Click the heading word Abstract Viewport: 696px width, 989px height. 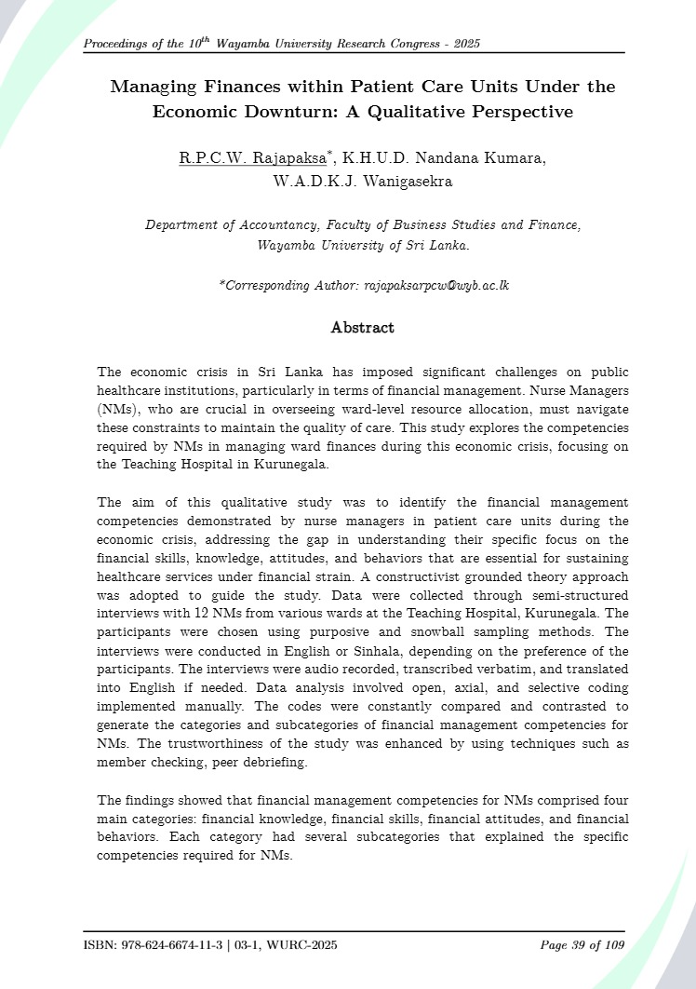[362, 328]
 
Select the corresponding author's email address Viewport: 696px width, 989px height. [435, 286]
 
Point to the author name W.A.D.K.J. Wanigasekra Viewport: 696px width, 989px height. [362, 182]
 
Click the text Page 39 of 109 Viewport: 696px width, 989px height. [582, 945]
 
